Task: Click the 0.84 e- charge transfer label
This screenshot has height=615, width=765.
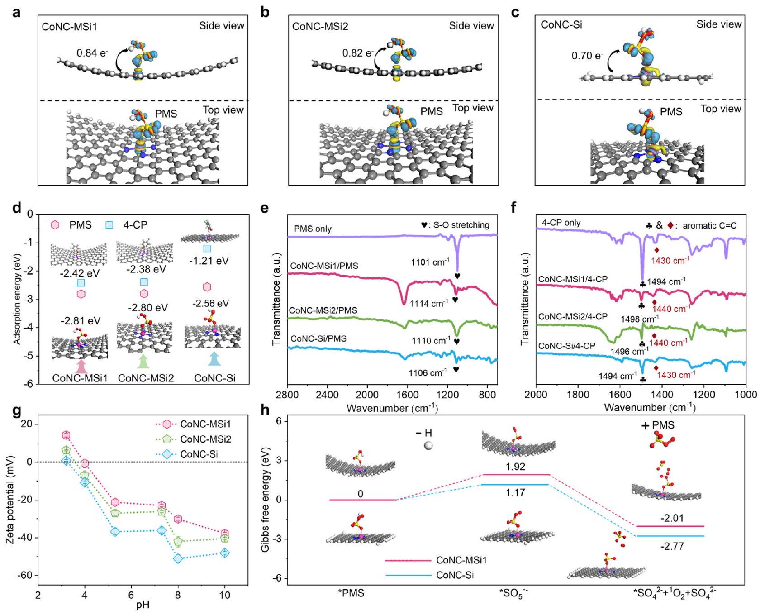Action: click(x=92, y=53)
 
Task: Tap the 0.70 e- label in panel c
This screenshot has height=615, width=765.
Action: click(x=587, y=56)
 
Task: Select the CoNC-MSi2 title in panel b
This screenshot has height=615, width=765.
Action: click(x=320, y=26)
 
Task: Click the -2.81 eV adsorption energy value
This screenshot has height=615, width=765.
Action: click(x=81, y=321)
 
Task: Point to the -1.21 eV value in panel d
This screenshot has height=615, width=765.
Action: click(x=209, y=261)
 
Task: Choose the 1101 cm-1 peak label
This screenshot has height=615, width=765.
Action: click(x=430, y=262)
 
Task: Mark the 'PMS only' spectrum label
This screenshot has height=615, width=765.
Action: click(x=313, y=229)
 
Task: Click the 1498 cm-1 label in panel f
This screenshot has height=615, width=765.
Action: click(x=639, y=319)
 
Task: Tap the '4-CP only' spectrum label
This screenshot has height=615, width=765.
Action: click(x=561, y=223)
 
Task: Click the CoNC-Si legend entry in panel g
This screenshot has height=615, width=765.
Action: click(x=199, y=453)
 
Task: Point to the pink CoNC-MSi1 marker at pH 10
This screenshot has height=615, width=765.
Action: click(x=224, y=533)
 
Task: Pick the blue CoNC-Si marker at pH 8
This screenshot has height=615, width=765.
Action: click(x=178, y=558)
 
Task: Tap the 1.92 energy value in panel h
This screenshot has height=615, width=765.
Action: click(x=515, y=467)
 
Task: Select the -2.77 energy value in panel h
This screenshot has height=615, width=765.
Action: click(x=672, y=546)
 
